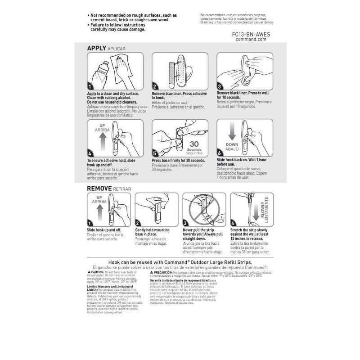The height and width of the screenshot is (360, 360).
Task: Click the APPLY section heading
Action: (96, 48)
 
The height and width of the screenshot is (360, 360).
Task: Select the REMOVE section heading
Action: (99, 189)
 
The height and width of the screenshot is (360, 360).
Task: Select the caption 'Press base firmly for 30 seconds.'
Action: (179, 161)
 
